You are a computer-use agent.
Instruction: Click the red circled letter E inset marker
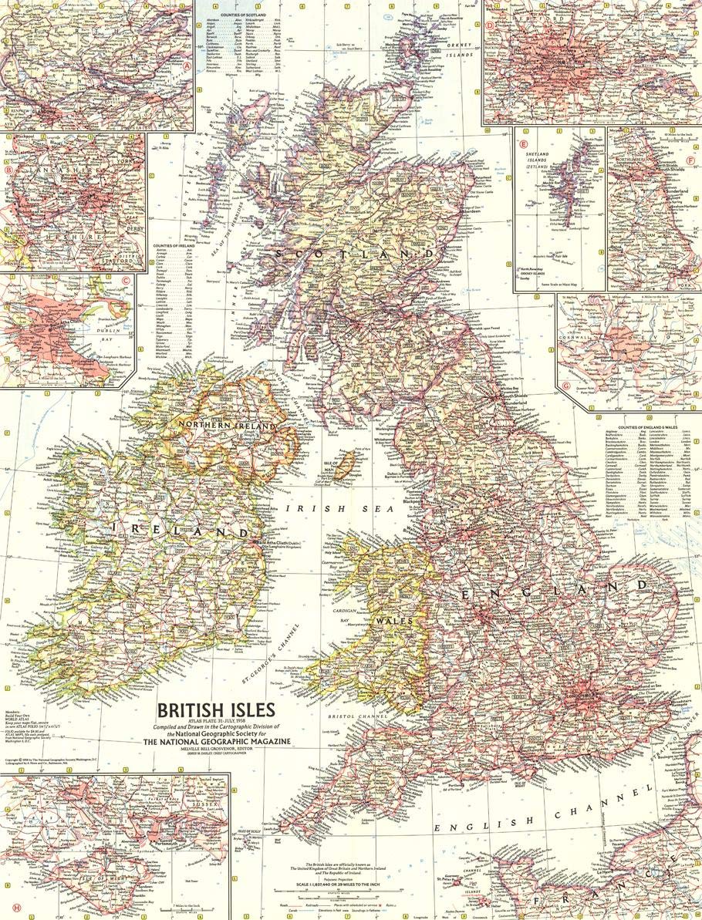523,143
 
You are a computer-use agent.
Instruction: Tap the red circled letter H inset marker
7,907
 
